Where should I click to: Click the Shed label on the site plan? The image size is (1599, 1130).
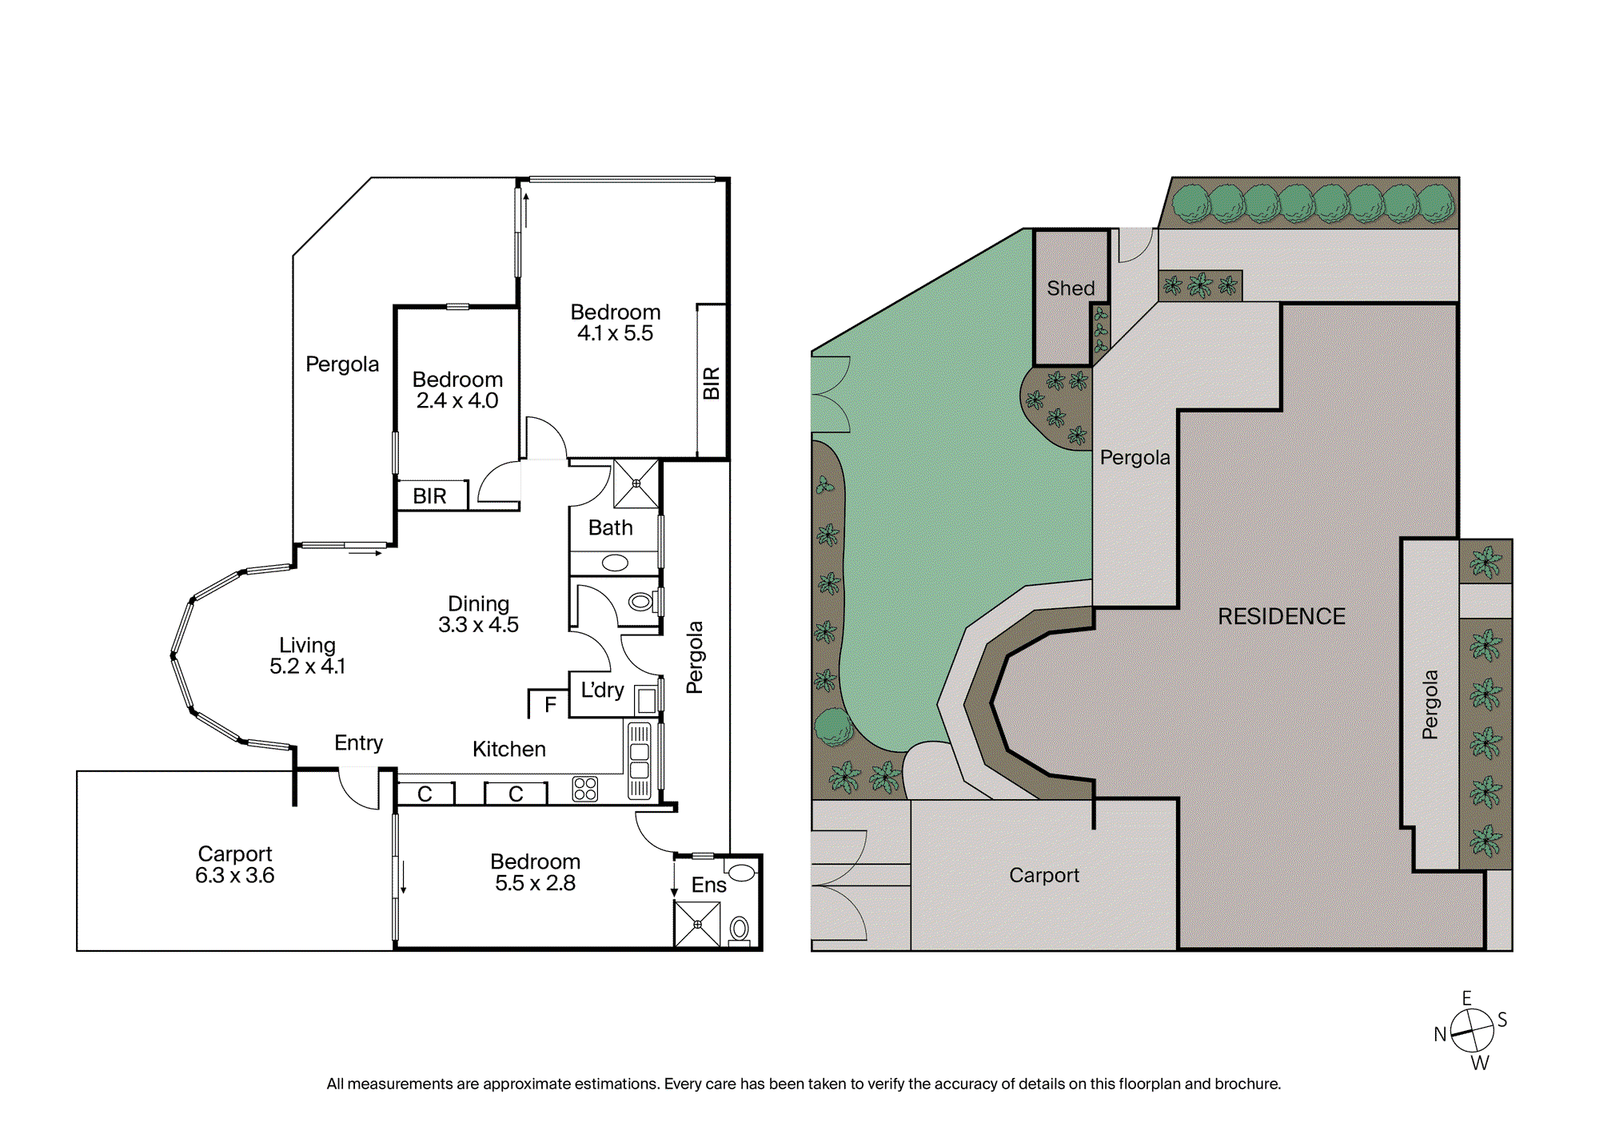[1071, 288]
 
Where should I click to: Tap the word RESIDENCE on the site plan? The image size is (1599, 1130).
[1282, 616]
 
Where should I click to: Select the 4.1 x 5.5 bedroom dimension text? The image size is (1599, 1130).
[615, 333]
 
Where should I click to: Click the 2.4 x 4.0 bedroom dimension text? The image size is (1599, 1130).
[457, 400]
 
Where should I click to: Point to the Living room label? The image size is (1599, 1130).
[307, 645]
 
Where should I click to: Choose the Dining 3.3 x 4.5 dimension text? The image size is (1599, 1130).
[478, 625]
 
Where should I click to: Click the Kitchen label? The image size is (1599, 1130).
[509, 749]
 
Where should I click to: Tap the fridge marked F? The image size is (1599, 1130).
[549, 704]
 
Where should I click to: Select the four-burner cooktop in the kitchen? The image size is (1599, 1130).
[585, 789]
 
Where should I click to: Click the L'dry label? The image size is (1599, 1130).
[602, 690]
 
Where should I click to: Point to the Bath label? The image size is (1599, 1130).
[610, 527]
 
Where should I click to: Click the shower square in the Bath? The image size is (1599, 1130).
[636, 483]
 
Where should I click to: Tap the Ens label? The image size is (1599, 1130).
[708, 885]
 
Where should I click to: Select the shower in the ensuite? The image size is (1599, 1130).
[697, 924]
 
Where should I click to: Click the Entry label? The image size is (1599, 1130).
[358, 743]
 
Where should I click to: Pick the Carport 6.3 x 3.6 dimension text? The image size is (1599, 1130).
[234, 875]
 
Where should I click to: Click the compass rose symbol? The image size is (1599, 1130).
[1472, 1031]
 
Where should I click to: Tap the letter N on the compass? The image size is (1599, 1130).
[1440, 1034]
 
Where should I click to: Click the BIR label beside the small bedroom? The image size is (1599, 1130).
[429, 496]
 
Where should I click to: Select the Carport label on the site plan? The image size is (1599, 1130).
[1044, 876]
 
